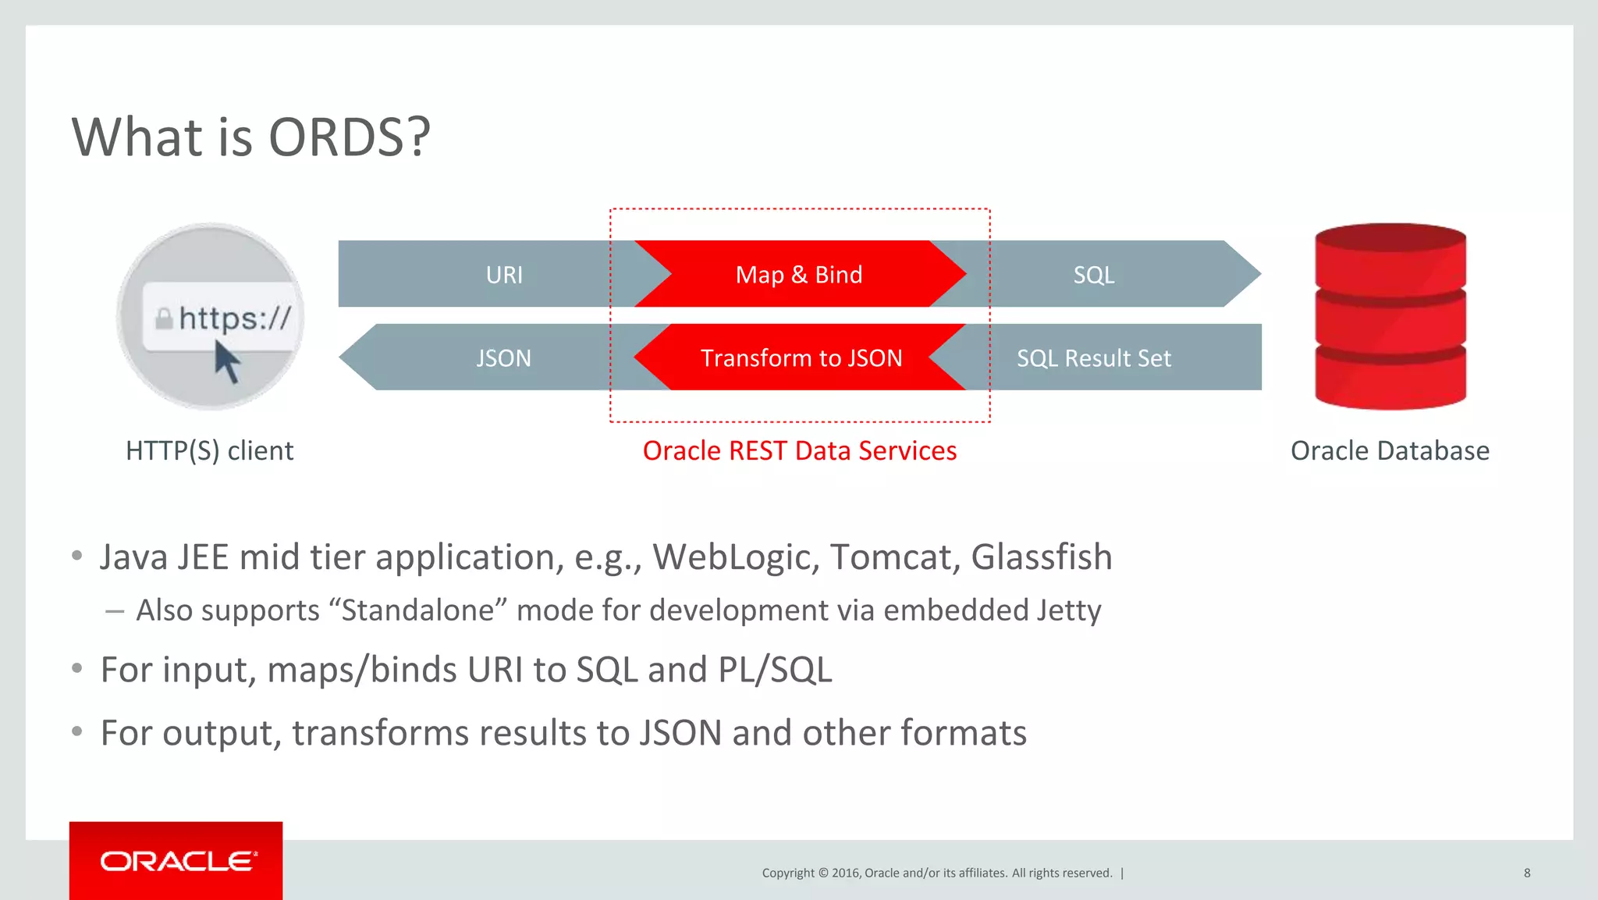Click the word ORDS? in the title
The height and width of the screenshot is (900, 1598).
pos(349,137)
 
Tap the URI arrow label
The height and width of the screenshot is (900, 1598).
pos(504,275)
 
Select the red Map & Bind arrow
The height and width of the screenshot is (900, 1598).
pos(799,275)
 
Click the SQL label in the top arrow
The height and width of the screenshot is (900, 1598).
pos(1093,275)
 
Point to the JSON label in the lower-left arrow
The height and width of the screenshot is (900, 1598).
pos(503,358)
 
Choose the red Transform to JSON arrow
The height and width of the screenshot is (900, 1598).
pos(801,358)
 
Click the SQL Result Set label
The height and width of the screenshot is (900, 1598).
pos(1093,358)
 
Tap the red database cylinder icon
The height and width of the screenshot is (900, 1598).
pos(1390,316)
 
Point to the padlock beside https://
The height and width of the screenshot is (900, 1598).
pos(164,318)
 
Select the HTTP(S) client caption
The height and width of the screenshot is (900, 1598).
pos(209,451)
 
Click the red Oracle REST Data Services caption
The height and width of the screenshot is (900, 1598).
pos(799,451)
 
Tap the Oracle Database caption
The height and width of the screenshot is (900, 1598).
pos(1390,451)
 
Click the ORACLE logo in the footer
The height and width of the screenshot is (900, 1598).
pos(177,861)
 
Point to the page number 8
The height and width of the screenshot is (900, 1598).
pos(1527,873)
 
